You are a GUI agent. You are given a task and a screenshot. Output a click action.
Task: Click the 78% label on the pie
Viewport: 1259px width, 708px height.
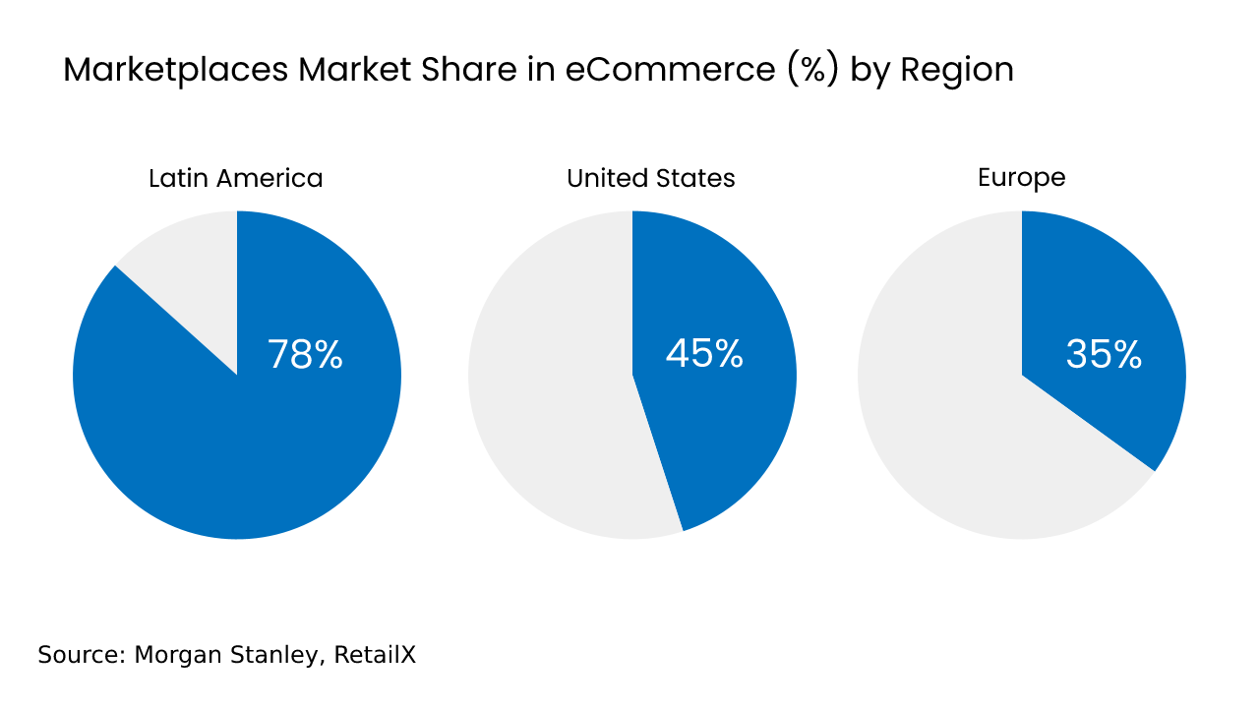(x=305, y=355)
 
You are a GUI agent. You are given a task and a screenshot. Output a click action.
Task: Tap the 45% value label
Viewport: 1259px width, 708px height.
(x=704, y=354)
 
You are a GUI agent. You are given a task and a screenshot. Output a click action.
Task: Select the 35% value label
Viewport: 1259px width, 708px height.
(x=1104, y=355)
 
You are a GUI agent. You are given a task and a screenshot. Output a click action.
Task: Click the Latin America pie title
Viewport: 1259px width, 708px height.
(x=236, y=178)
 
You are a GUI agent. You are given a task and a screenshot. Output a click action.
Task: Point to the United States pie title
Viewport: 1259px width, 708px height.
(x=651, y=178)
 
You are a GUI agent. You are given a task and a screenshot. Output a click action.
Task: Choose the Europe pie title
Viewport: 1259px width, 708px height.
(x=1022, y=177)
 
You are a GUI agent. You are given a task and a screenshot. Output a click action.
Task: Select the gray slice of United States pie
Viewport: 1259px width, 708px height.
(x=551, y=393)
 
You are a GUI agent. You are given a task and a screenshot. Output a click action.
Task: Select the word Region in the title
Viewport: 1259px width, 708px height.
(x=957, y=71)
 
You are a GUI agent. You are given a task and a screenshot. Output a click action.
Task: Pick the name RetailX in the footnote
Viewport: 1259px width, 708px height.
(x=375, y=655)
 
